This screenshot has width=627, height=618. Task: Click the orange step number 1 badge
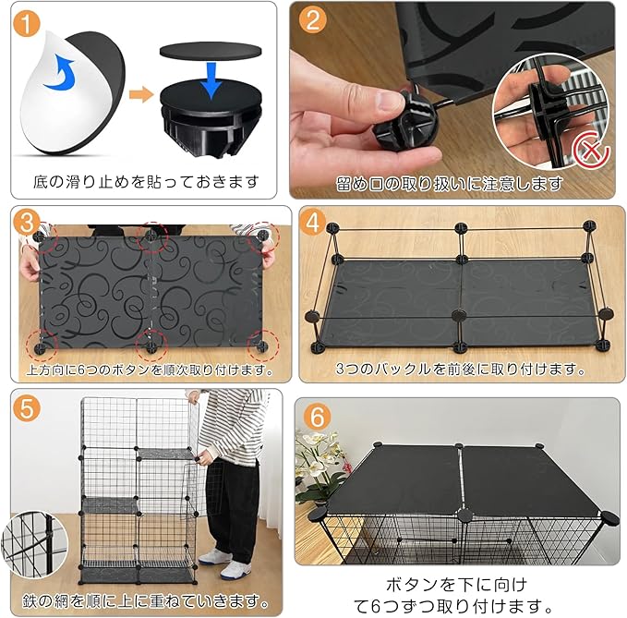[x=27, y=24]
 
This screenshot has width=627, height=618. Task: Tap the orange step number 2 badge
[x=313, y=19]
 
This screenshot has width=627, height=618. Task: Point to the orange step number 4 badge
[x=313, y=223]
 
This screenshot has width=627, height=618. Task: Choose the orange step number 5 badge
[x=27, y=409]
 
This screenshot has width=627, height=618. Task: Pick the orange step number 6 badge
[x=317, y=418]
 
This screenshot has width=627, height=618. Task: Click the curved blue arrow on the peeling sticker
[x=60, y=73]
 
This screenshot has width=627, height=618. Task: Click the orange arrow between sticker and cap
[x=141, y=95]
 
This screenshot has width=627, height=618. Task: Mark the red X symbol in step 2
[x=591, y=152]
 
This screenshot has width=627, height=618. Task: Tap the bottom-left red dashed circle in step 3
[x=42, y=345]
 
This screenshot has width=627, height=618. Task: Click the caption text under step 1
[x=145, y=182]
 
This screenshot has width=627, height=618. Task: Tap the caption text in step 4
[x=460, y=369]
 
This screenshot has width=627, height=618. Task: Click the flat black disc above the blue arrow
[x=211, y=51]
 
